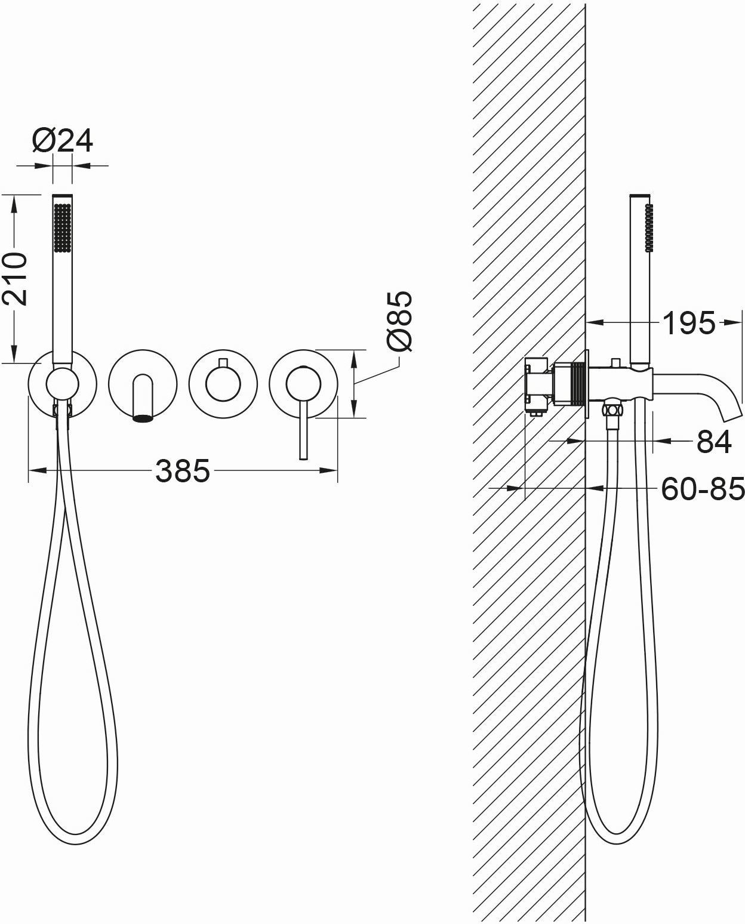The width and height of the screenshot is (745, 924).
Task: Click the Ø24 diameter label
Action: click(62, 140)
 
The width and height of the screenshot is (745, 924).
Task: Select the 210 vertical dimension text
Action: click(16, 279)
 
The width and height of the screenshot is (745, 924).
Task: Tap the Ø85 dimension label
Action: click(399, 322)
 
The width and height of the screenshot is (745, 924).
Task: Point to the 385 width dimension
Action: click(183, 470)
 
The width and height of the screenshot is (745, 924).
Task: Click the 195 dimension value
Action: click(689, 323)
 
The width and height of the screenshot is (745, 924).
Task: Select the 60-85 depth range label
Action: click(703, 488)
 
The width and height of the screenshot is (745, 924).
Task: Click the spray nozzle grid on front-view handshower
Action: click(62, 227)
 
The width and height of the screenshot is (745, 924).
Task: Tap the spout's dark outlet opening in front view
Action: click(143, 418)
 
